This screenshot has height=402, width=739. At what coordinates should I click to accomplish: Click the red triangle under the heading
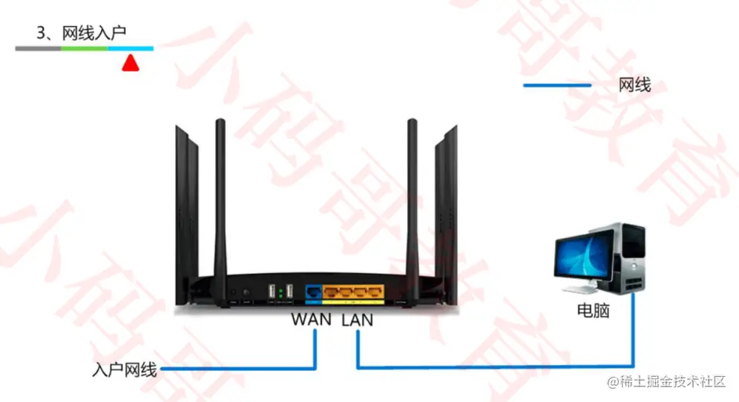coord(131,64)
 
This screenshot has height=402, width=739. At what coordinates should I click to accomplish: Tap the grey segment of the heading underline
coord(38,48)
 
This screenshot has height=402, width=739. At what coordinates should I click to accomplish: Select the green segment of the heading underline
coord(85,48)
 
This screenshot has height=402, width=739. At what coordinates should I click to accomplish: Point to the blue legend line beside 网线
coord(556,85)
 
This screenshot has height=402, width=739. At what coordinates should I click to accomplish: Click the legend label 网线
coord(634,85)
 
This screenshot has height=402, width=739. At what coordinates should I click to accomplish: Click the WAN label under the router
coord(311,320)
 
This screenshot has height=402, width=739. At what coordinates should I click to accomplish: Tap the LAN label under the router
coord(358,320)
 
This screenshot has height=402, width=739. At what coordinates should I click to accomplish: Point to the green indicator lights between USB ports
coord(281,291)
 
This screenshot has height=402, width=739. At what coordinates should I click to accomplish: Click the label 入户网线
coord(125,369)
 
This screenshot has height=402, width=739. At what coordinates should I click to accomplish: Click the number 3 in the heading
coord(41,33)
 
